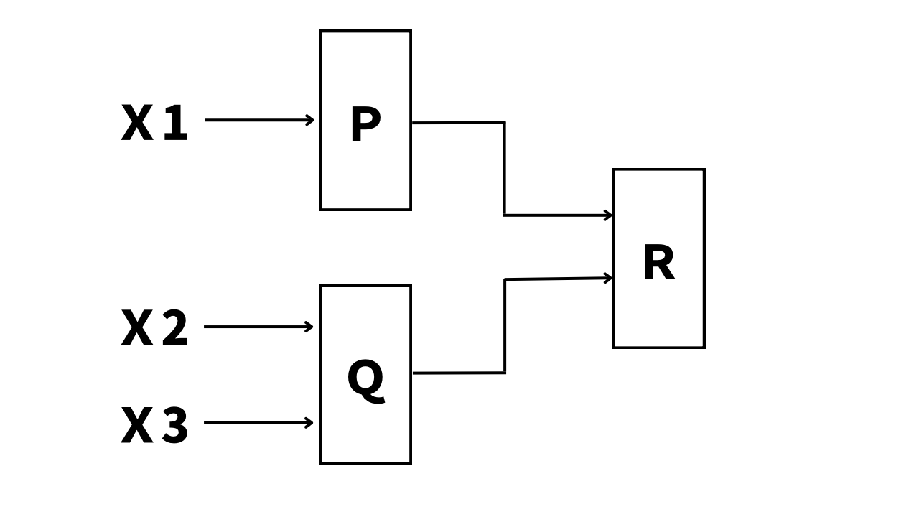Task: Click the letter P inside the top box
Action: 365,125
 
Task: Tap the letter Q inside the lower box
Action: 365,379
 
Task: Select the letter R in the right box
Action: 658,263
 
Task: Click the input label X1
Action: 154,124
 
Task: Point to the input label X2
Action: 154,329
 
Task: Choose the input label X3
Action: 154,426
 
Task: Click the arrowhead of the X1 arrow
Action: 310,120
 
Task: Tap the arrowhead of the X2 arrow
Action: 309,327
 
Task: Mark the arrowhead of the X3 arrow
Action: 309,422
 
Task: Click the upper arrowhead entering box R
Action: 608,215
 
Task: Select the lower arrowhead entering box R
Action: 608,278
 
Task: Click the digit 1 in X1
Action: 174,124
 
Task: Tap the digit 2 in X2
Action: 174,329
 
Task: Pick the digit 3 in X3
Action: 174,426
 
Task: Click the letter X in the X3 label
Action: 137,426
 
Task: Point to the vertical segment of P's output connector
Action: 504,169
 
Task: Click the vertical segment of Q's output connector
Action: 505,326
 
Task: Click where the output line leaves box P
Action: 414,123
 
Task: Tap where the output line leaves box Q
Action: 414,373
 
